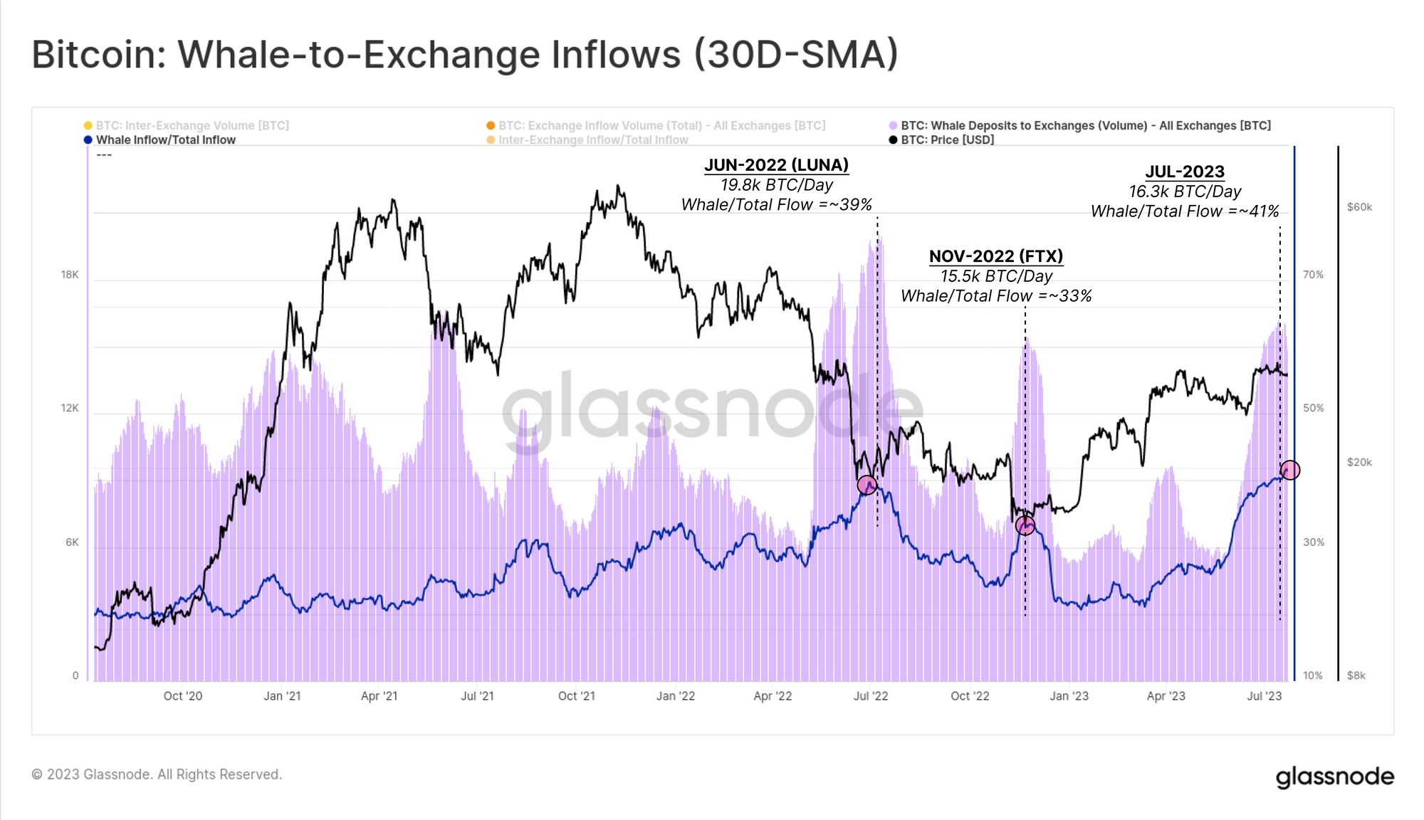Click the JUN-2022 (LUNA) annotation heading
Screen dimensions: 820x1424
[776, 165]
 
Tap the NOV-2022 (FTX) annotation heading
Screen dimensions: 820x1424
[995, 256]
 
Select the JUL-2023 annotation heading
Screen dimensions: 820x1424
[1185, 172]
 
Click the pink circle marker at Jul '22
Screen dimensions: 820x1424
[867, 485]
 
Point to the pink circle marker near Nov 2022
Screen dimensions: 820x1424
[1025, 526]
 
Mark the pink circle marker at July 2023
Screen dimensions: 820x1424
[1289, 470]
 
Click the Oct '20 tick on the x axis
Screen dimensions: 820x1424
[183, 696]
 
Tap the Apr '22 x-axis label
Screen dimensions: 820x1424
[773, 696]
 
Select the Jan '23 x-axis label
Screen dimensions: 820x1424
[1069, 696]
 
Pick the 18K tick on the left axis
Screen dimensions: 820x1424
[70, 275]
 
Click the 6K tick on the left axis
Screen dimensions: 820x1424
[72, 542]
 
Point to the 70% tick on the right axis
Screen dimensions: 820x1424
[1313, 275]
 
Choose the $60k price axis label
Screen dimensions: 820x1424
[1359, 207]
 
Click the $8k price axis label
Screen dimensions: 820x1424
[1356, 676]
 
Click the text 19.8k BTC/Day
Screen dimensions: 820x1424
[776, 185]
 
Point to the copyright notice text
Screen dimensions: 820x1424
[157, 774]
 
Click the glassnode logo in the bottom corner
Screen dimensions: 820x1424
[1334, 777]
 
